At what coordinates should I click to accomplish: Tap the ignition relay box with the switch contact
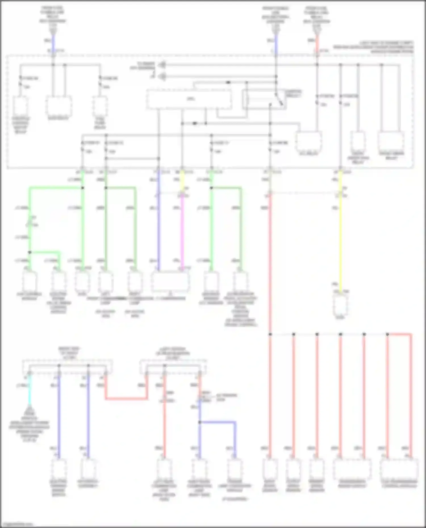click(264, 99)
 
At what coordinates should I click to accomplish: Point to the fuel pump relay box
click(100, 106)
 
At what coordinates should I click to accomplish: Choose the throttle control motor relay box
click(20, 106)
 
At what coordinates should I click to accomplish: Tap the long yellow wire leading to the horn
click(341, 241)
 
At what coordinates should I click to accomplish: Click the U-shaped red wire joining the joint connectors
click(126, 399)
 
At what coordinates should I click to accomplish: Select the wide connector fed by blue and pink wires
click(170, 282)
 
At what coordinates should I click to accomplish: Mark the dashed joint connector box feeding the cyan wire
click(67, 367)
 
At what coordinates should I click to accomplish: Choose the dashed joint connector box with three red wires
click(173, 367)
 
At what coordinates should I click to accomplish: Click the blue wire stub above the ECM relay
click(53, 44)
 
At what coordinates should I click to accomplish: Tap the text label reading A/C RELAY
click(309, 153)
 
